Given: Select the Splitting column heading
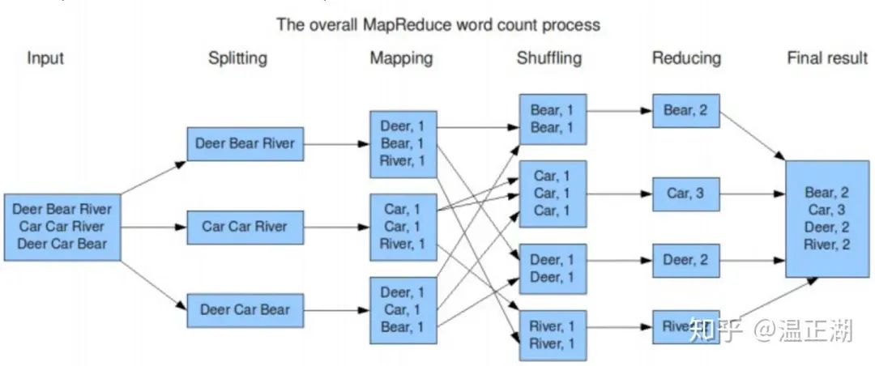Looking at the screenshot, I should (237, 58).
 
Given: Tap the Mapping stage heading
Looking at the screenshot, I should (401, 58).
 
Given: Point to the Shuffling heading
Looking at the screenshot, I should (550, 58).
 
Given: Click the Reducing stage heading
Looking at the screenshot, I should (686, 58).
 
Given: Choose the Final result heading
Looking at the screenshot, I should (827, 58).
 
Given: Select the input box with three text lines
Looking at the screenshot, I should (62, 227).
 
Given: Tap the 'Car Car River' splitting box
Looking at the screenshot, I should (245, 227).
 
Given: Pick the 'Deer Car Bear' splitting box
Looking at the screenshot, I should (245, 309).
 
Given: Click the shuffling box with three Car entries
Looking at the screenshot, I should (553, 194).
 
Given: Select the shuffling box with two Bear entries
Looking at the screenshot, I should (553, 118).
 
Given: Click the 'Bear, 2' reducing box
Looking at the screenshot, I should (685, 111).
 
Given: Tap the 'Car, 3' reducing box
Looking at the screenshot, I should (685, 194).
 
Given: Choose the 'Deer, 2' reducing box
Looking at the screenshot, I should (685, 260).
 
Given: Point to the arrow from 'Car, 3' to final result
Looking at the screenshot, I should (751, 194).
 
